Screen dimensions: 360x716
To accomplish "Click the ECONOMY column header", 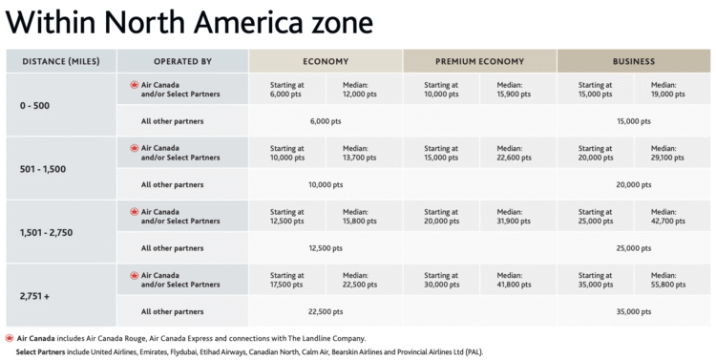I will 326,61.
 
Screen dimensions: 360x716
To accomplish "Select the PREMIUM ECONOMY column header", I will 479,61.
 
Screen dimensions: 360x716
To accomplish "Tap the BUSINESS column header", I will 633,61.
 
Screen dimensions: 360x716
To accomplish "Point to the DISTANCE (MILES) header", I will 60,61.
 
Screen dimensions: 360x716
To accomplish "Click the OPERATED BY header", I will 182,61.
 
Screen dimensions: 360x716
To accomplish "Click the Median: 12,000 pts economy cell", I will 360,90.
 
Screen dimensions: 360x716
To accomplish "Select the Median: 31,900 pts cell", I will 514,217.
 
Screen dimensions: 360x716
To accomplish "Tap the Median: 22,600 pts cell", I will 514,153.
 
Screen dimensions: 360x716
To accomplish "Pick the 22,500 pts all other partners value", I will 326,311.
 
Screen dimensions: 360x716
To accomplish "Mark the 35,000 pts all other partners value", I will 633,311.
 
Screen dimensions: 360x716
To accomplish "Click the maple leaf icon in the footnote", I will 10,338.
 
